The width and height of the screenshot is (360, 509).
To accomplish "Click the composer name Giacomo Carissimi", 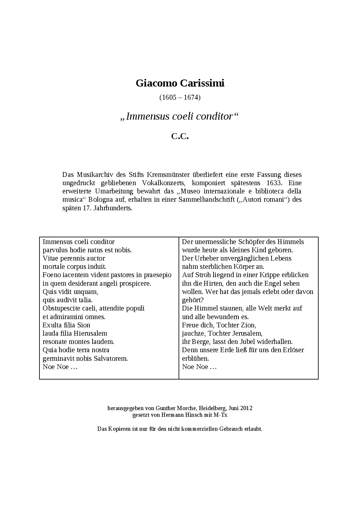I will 180,83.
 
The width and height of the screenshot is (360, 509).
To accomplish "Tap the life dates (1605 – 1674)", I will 180,97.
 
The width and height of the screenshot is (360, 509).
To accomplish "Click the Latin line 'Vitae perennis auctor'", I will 74,258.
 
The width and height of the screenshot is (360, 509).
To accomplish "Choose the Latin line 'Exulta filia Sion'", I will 67,325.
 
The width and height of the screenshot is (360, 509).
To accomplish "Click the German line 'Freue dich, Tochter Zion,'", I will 219,325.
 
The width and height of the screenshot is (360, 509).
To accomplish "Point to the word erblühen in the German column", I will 195,359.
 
